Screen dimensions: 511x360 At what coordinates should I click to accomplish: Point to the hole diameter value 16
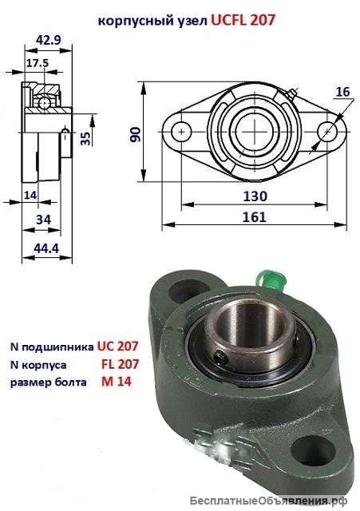[x=342, y=92]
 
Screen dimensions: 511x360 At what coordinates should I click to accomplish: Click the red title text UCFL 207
[x=243, y=22]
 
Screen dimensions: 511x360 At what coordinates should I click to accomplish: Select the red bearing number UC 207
[x=118, y=347]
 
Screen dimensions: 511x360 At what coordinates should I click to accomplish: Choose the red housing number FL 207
[x=121, y=364]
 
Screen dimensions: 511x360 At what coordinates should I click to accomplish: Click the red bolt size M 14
[x=115, y=382]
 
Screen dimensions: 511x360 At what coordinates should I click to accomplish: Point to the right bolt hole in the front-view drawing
[x=326, y=130]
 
